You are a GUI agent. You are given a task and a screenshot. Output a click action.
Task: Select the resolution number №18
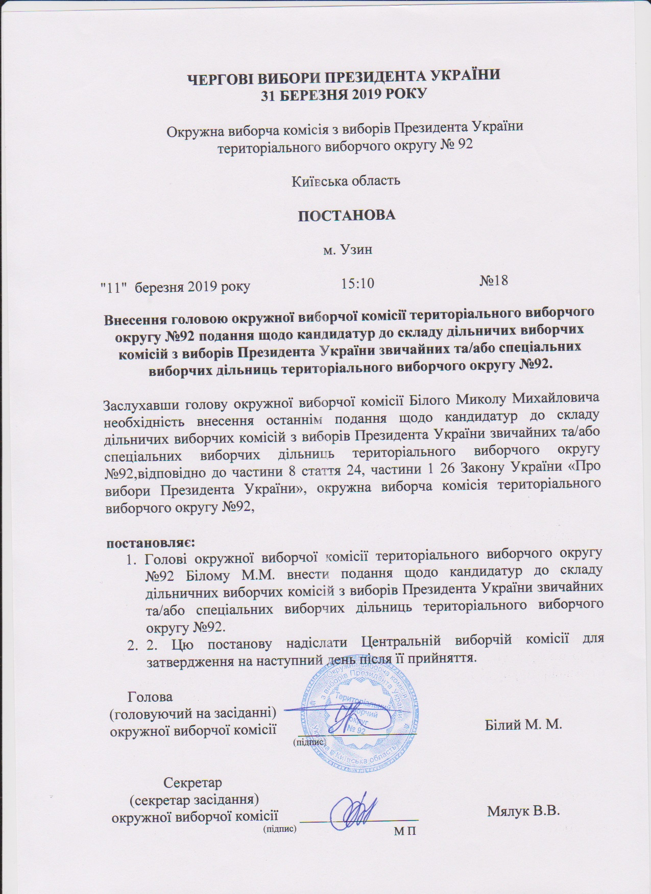click(x=494, y=281)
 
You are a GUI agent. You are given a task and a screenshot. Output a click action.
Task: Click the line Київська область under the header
click(x=345, y=181)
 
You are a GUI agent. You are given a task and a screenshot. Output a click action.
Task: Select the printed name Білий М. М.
click(x=522, y=724)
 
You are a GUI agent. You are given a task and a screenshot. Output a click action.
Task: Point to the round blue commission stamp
click(x=356, y=716)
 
